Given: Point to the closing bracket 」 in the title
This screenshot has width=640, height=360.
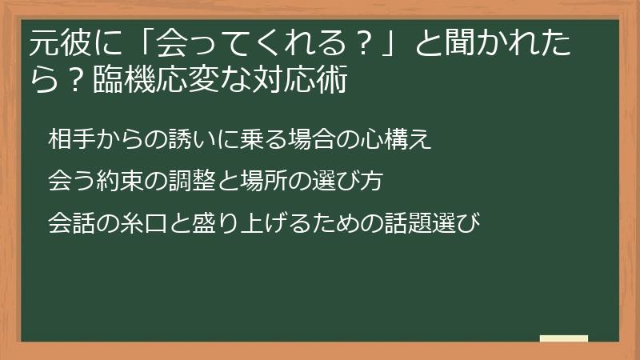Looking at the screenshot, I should [394, 43].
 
